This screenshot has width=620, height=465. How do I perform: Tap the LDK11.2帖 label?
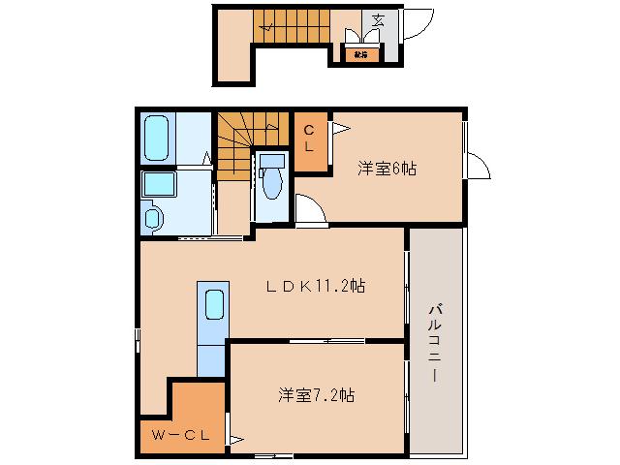317,286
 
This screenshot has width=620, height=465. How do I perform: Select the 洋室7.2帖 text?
317,395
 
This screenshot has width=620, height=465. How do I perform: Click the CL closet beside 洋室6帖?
309,140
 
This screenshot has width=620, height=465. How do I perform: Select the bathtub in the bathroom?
157,139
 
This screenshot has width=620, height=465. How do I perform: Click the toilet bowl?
270,184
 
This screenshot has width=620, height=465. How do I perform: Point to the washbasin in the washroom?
155,218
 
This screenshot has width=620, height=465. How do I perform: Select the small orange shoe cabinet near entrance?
360,55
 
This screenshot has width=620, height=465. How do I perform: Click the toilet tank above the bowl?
272,160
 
